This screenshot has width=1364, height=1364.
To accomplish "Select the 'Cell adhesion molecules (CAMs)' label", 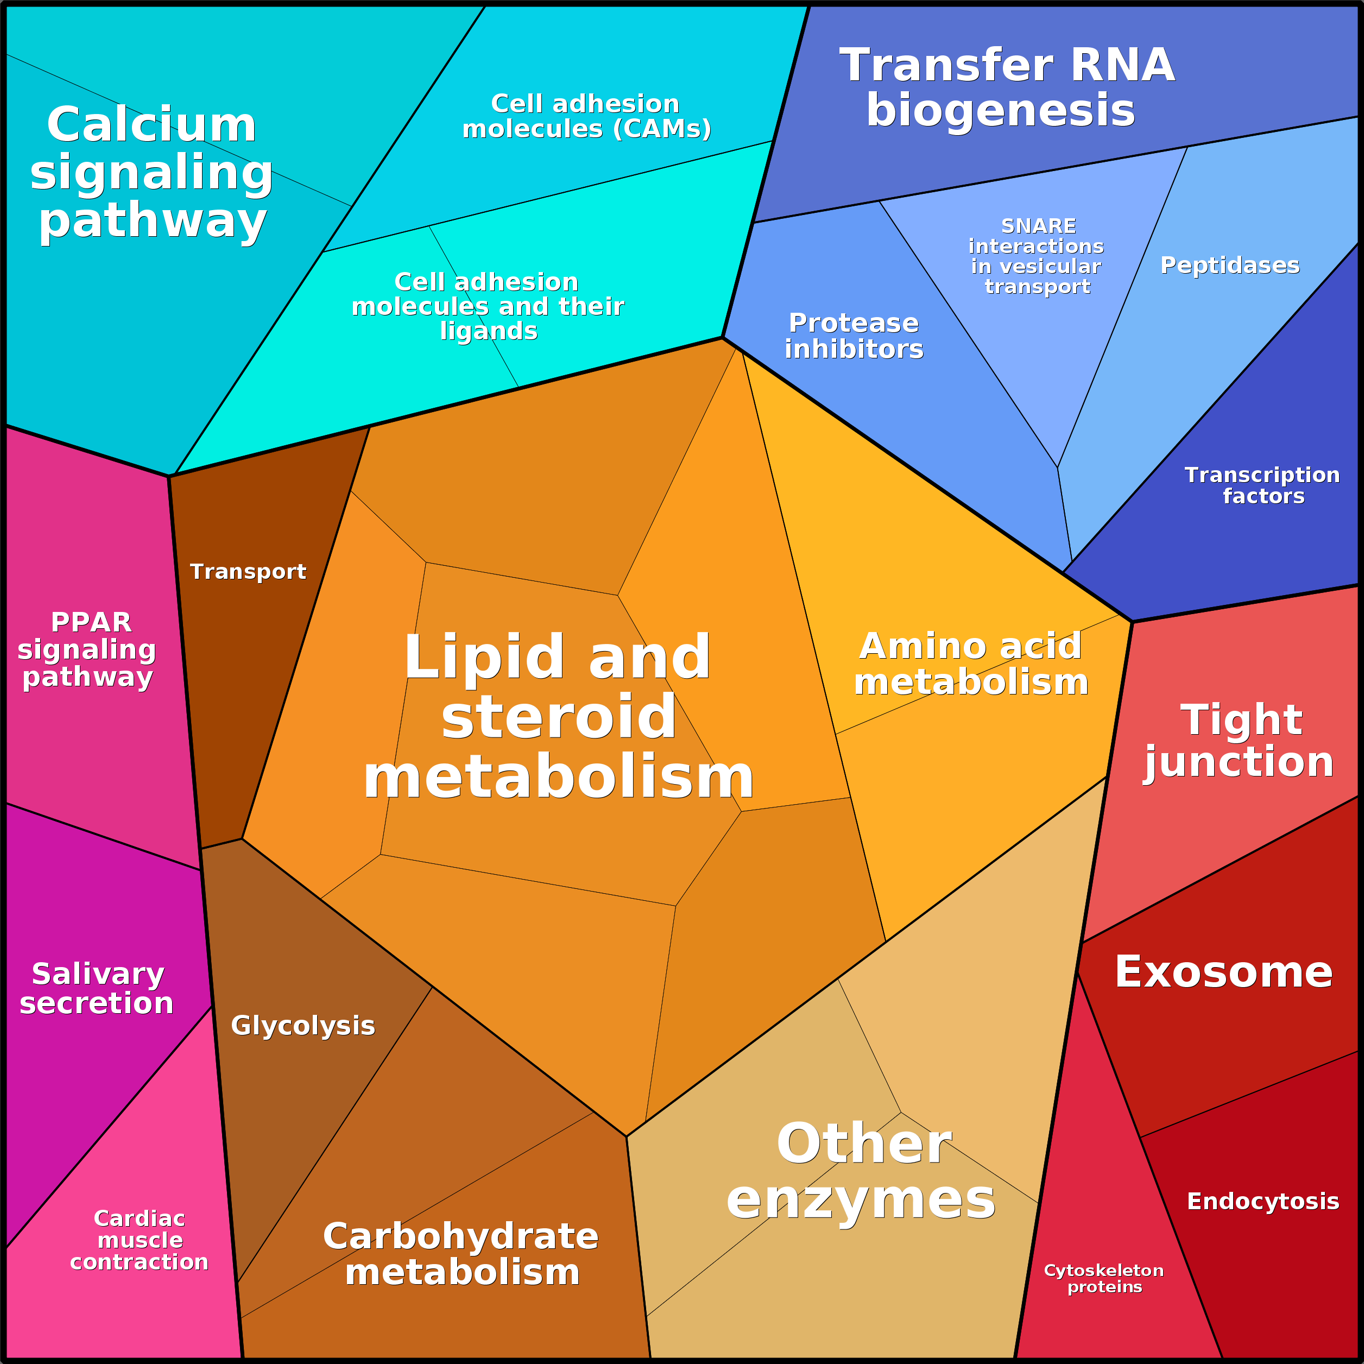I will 586,117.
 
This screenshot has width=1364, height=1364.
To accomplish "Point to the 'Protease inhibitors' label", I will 854,336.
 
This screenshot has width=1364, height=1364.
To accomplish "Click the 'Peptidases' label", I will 1230,266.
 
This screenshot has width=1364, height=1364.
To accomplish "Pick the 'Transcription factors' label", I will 1262,486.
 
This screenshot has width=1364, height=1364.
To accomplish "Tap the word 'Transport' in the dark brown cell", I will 248,571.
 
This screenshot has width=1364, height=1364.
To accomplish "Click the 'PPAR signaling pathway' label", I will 87,649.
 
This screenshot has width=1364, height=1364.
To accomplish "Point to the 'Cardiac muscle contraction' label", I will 139,1240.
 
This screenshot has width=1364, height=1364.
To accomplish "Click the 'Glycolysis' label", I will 303,1026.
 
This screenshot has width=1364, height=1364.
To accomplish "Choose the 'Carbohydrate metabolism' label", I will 461,1254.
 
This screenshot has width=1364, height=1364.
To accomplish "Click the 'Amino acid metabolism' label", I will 971,664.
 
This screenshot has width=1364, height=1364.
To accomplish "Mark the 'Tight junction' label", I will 1240,741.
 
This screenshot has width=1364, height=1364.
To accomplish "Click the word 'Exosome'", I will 1223,972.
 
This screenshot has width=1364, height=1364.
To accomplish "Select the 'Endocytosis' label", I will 1263,1201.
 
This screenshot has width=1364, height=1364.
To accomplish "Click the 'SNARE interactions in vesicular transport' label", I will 1037,256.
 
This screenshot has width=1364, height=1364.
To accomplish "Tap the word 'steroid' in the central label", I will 558,717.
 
